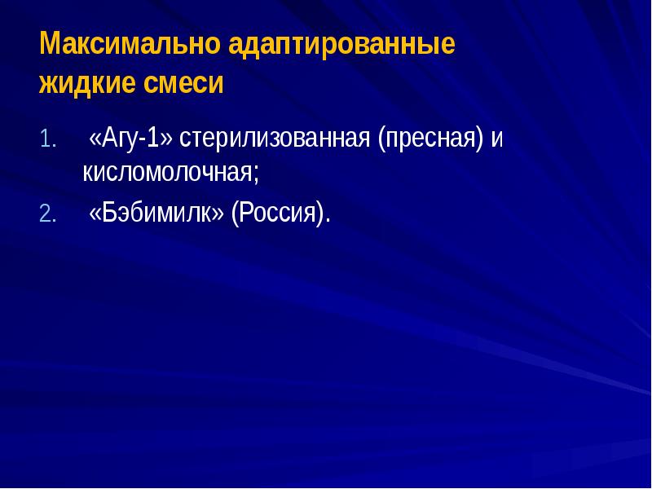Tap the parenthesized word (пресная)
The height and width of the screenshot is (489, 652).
click(430, 139)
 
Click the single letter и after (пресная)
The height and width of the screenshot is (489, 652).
click(496, 139)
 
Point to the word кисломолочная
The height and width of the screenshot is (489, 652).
click(167, 173)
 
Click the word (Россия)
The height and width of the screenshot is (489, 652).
click(278, 214)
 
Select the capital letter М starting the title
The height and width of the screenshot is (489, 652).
click(48, 44)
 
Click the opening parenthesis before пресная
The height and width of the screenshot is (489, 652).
click(381, 139)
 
